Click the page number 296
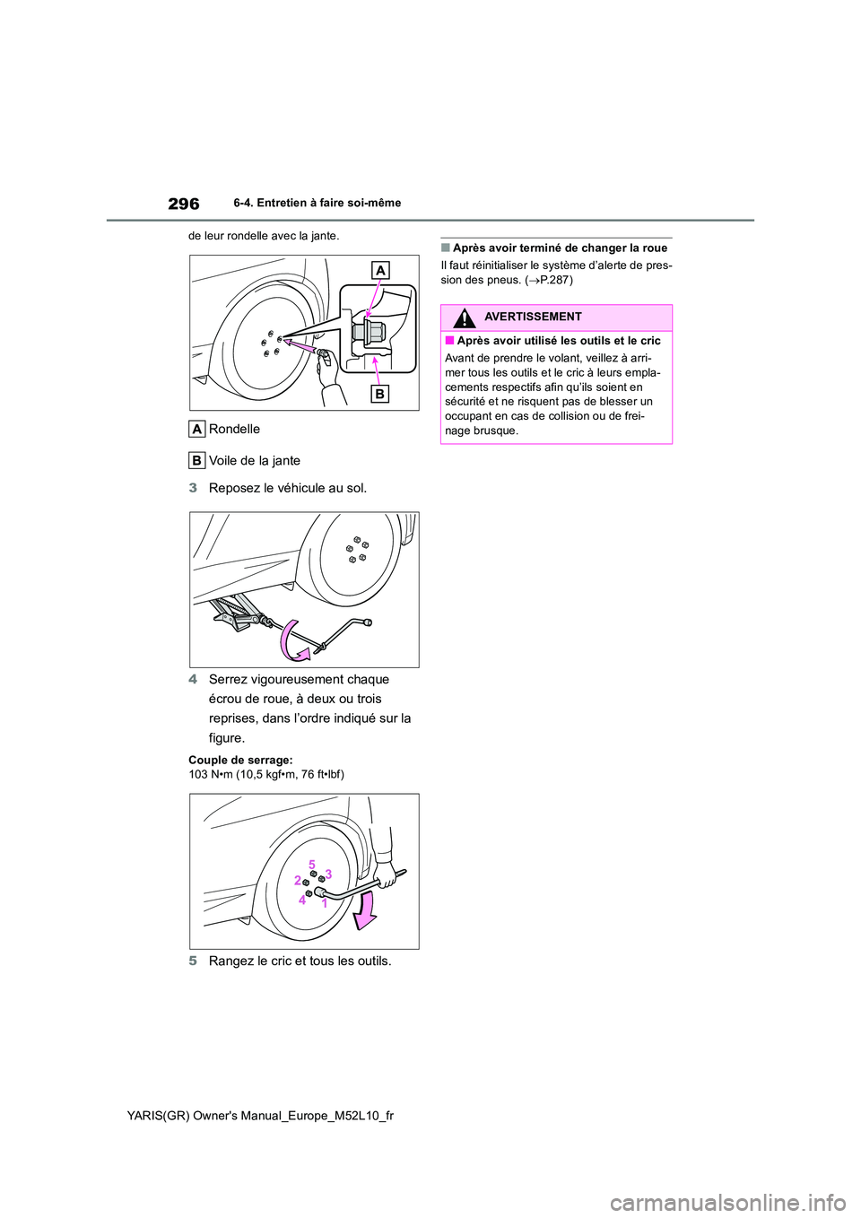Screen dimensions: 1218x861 pos(183,204)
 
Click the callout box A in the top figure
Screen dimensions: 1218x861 pos(380,271)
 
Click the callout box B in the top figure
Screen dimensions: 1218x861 pos(379,393)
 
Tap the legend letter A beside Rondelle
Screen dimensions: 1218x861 pos(196,429)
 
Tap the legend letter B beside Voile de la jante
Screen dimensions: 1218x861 pos(196,460)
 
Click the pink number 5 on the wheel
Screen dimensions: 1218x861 pos(312,864)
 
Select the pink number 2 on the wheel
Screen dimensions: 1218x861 pos(297,881)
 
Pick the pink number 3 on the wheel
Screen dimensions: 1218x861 pos(328,874)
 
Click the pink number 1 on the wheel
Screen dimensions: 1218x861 pos(324,904)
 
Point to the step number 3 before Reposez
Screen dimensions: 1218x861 pos(193,488)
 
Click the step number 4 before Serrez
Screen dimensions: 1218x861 pos(193,679)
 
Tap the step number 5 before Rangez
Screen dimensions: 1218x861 pos(193,961)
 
